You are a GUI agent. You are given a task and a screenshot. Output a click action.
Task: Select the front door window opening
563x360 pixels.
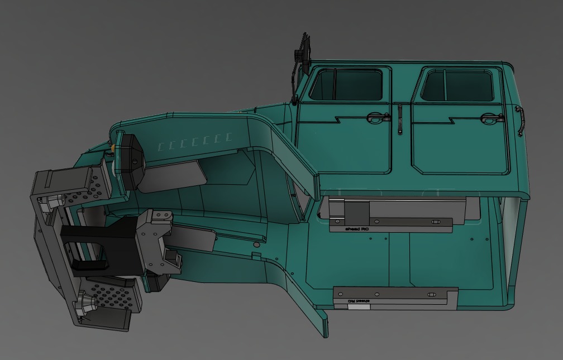(x=346, y=85)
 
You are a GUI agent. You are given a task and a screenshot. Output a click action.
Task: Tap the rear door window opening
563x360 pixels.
(x=457, y=85)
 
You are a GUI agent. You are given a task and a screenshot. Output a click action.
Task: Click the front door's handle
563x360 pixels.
(x=378, y=118)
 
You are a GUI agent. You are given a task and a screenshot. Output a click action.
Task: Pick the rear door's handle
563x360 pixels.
(x=489, y=118)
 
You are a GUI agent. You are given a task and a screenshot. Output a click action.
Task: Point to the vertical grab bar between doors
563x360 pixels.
(x=400, y=119)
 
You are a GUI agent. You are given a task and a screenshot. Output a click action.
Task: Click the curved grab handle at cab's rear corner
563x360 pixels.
(x=521, y=121)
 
